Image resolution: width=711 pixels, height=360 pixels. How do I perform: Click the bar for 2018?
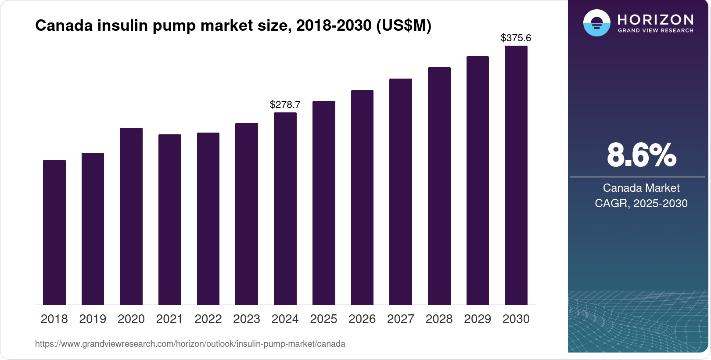54,232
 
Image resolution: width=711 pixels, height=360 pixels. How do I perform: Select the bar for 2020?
131,216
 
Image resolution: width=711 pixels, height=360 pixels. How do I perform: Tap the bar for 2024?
285,209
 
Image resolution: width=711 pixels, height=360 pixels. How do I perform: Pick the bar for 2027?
401,192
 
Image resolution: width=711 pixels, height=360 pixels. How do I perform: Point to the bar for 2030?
516,175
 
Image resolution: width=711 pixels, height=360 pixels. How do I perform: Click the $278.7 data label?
285,104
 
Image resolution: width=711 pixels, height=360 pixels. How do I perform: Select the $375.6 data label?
516,38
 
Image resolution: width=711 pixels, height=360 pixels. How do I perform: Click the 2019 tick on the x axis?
93,319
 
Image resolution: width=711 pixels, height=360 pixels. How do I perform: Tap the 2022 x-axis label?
208,319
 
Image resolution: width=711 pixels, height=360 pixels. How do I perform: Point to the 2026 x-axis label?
362,319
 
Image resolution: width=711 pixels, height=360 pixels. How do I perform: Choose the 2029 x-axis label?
478,319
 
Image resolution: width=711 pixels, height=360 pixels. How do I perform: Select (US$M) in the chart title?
404,25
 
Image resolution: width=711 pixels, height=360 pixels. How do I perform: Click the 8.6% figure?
641,155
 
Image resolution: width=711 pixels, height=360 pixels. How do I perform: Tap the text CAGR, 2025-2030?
641,203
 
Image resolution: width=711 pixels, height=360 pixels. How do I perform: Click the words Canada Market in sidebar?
641,188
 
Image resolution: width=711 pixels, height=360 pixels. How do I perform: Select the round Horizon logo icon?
596,23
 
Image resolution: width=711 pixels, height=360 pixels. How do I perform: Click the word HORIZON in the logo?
655,19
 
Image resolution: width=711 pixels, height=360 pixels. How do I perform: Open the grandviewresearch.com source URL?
190,344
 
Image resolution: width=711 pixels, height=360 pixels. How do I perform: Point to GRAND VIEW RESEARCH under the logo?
655,31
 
